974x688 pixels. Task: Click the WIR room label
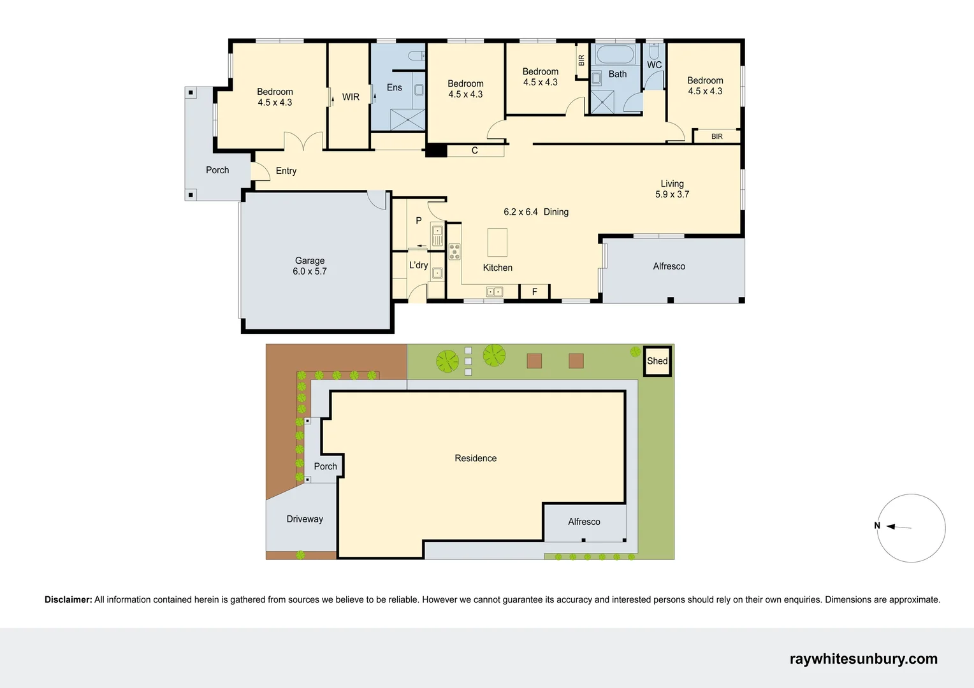351,97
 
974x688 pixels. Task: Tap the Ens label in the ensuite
394,87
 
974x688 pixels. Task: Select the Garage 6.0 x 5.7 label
310,266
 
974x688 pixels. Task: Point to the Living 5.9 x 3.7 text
672,189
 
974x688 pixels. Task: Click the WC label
654,65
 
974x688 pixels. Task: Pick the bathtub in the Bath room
616,55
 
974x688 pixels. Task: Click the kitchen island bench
497,242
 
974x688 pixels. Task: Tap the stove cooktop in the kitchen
454,252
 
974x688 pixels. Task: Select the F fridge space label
534,292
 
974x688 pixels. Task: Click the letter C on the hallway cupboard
474,151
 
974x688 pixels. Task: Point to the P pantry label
418,220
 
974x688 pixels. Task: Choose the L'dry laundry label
418,265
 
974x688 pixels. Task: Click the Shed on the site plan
657,361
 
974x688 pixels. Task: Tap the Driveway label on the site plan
305,519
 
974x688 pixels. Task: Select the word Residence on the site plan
476,458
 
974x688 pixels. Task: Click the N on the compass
877,526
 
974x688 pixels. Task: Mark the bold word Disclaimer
68,599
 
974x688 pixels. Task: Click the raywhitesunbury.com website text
863,659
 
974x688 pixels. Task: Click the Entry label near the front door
286,171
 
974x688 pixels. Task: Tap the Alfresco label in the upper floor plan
669,266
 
